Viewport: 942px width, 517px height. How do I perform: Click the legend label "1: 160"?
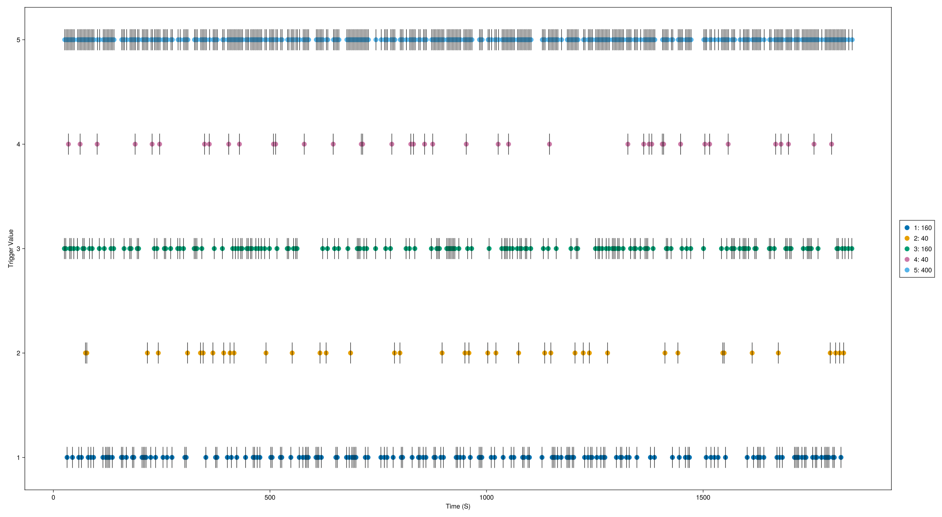(x=922, y=228)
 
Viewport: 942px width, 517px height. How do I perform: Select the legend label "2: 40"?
(x=921, y=238)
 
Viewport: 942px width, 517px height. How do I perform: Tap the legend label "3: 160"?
(x=922, y=249)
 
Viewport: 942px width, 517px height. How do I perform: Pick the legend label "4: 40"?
(x=921, y=259)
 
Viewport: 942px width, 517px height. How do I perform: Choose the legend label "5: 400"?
(x=922, y=270)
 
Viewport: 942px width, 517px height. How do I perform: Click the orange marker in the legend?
(x=907, y=238)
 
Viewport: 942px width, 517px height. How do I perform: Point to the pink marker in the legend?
(x=907, y=259)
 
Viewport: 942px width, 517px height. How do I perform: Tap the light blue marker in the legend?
(x=907, y=270)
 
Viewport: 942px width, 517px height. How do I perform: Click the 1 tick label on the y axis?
(x=18, y=457)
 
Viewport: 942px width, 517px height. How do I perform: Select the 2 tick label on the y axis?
(x=18, y=353)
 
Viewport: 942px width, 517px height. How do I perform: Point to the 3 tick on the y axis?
(x=18, y=249)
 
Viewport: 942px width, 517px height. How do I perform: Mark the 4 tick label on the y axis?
(x=18, y=144)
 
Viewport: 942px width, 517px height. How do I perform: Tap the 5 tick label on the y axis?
(x=18, y=40)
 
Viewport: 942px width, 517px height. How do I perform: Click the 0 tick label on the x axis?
(x=53, y=497)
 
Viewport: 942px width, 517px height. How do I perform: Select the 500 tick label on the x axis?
(x=270, y=497)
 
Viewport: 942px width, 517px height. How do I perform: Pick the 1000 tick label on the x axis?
(x=486, y=497)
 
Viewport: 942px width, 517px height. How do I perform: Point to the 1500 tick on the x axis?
(x=703, y=497)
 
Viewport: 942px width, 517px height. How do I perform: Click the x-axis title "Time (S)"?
(x=458, y=506)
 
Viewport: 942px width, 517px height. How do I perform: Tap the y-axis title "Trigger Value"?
(x=11, y=248)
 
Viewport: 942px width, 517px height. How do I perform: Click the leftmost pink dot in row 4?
(x=68, y=144)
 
